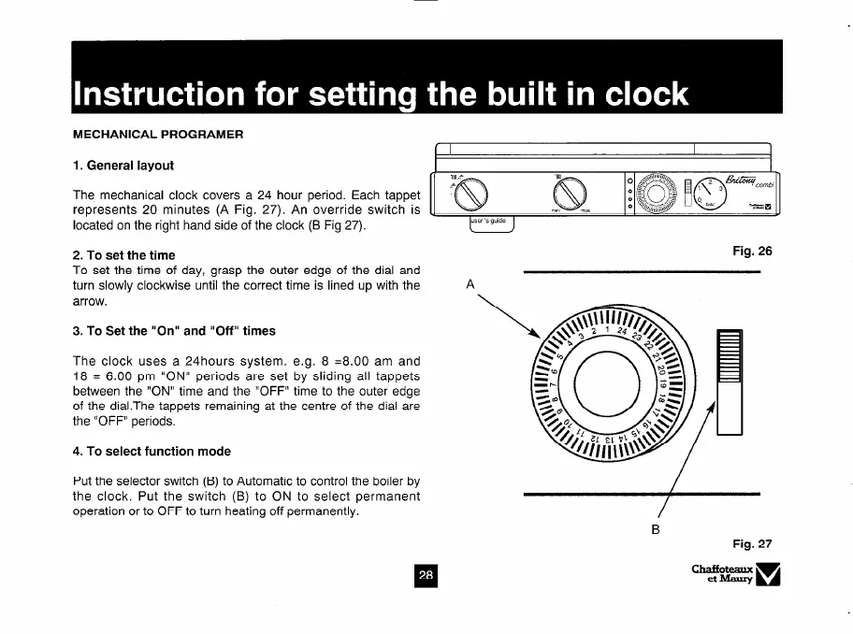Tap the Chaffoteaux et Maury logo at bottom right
pos(736,573)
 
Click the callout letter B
pos(656,529)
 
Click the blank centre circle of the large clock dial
pos(607,376)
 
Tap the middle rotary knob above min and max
pos(570,195)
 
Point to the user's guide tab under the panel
pos(491,223)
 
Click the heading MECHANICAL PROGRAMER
pos(158,134)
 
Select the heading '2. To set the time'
pos(123,254)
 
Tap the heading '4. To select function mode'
pos(152,451)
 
